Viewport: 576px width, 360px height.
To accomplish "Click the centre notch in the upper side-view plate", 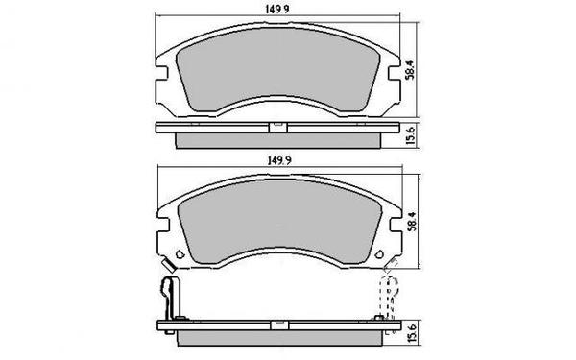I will click(276, 126).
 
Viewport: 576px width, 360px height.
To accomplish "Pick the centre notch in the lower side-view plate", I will click(276, 324).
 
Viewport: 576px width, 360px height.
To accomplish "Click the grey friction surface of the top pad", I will click(276, 67).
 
